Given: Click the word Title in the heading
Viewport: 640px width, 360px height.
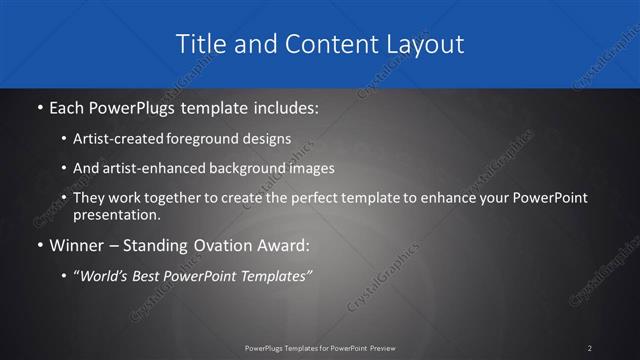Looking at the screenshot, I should point(199,44).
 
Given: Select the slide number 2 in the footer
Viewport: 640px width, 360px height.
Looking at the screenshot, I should point(590,348).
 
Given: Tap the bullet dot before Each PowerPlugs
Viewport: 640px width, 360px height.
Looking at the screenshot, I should point(38,105).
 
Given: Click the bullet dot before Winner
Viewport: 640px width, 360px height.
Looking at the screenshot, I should point(38,243).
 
